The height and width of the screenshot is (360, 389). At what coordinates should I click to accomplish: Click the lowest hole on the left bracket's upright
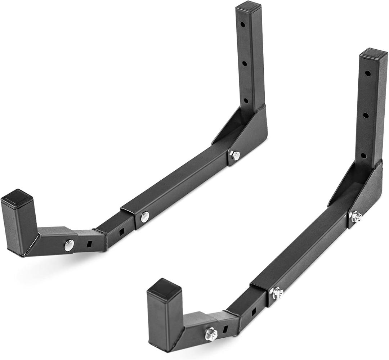point(246,100)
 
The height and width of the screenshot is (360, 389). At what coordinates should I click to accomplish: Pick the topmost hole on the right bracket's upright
point(367,73)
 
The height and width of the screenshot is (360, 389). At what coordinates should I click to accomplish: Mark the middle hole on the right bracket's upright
point(365,116)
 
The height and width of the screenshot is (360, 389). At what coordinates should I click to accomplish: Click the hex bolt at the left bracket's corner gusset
point(235,156)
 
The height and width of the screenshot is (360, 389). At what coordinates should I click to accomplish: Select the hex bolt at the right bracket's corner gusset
point(357,216)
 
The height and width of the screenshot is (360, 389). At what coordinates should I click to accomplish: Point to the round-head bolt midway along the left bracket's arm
point(145,216)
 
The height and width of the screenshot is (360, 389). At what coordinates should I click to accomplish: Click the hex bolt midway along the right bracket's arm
point(277,293)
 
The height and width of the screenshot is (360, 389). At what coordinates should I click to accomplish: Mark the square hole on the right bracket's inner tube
point(253,311)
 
